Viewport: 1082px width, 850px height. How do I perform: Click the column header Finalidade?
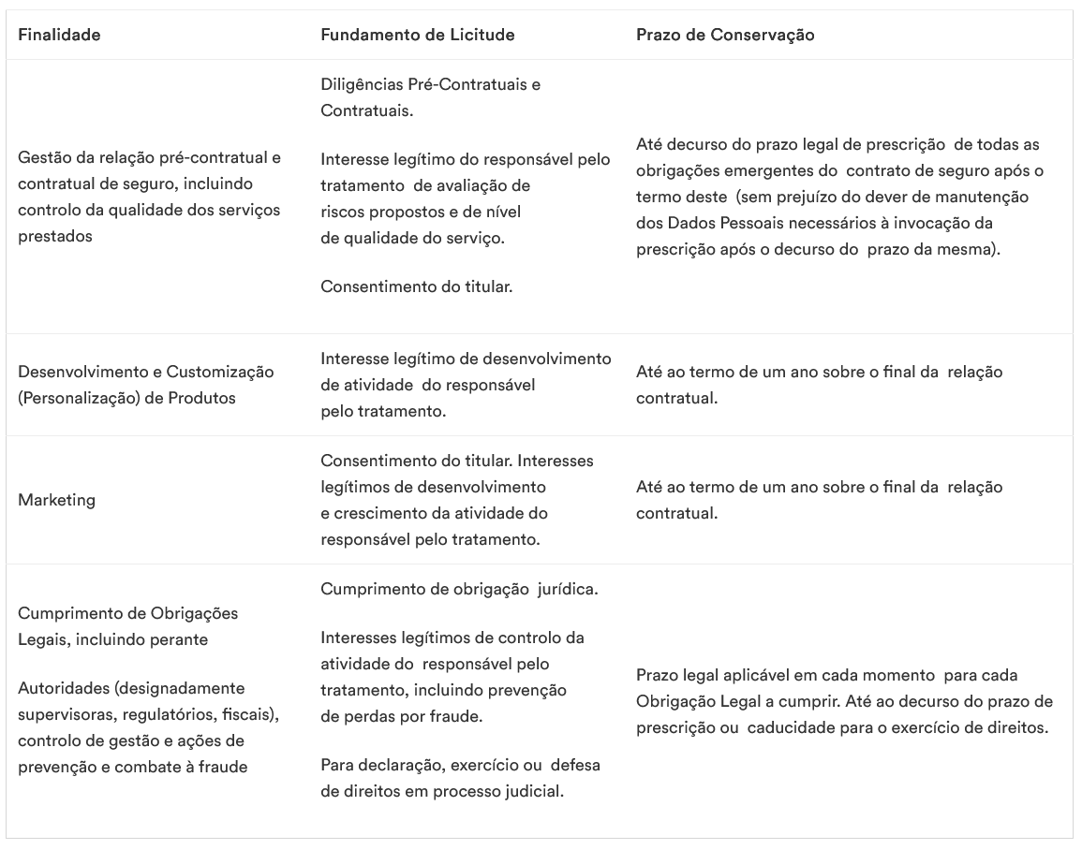tap(59, 36)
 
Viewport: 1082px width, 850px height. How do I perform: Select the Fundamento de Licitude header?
tap(417, 36)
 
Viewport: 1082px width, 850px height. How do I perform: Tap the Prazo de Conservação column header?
tap(725, 36)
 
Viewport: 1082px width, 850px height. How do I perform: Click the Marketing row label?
tap(56, 500)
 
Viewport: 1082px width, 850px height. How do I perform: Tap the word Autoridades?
tap(66, 688)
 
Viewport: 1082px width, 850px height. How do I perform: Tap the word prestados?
tap(55, 236)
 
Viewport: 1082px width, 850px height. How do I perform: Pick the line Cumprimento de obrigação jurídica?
tap(459, 589)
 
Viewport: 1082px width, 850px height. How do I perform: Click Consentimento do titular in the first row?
tap(416, 286)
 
